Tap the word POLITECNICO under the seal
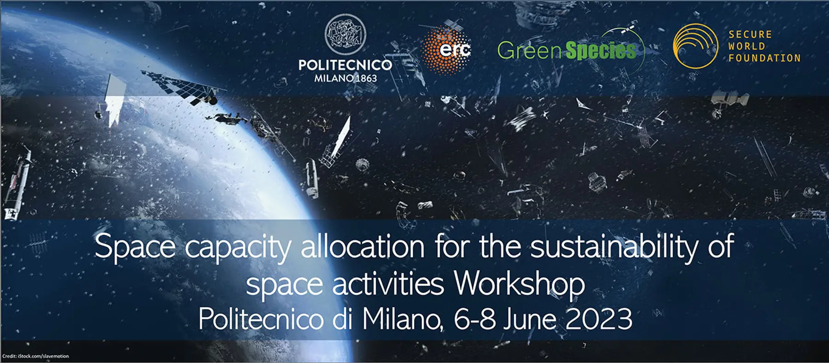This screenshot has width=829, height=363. pos(345,65)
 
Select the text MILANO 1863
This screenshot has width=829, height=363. pos(345,78)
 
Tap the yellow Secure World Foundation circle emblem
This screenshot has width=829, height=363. pos(695,46)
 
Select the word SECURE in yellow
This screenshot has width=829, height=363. pos(750,35)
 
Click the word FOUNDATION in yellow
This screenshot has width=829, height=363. pos(765,58)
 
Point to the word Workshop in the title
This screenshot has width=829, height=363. pos(520,283)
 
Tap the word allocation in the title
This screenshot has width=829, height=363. pos(362,246)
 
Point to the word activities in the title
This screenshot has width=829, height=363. pos(388,284)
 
